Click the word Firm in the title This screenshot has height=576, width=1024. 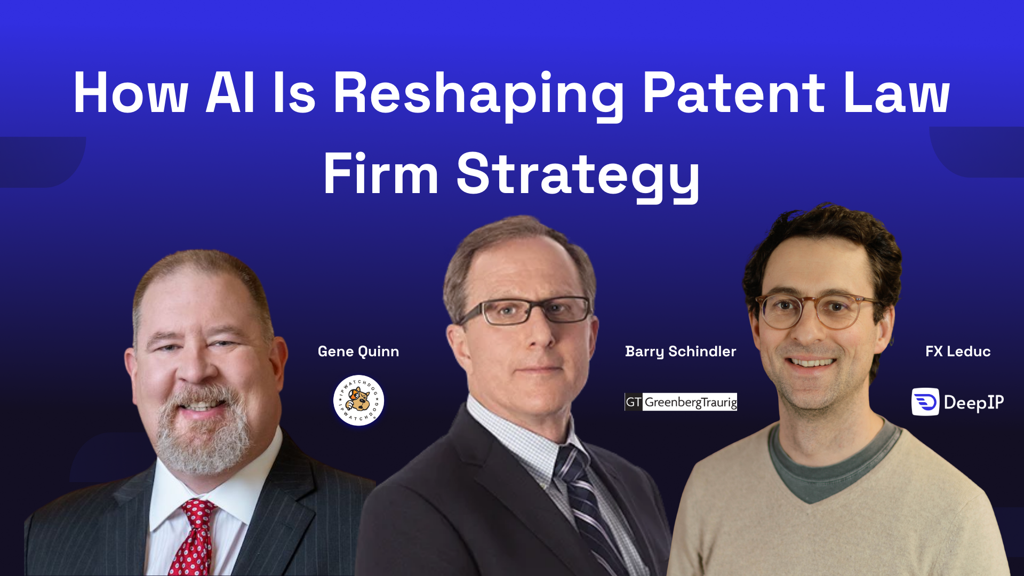tap(381, 174)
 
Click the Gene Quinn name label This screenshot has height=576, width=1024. tap(358, 351)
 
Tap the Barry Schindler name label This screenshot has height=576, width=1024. tap(681, 351)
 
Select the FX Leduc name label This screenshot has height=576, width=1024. tap(958, 351)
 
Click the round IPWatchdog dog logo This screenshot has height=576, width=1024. tap(358, 401)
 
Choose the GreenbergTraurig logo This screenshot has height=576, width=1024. tap(681, 402)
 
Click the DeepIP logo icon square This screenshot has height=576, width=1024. tap(925, 402)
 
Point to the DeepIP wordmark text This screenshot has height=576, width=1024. tap(974, 402)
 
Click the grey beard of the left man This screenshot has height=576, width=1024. tap(203, 437)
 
